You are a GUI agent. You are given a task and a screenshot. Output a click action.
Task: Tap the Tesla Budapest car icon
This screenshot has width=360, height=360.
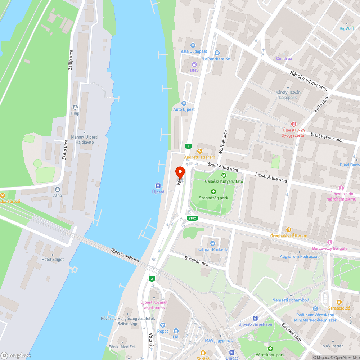pyautogui.click(x=193, y=45)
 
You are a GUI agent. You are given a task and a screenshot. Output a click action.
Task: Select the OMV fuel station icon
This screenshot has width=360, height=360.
pyautogui.click(x=194, y=64)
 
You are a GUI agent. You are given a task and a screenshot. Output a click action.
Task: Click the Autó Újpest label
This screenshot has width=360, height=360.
pyautogui.click(x=184, y=109)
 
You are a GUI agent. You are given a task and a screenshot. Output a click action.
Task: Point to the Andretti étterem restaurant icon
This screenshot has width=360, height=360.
pyautogui.click(x=199, y=151)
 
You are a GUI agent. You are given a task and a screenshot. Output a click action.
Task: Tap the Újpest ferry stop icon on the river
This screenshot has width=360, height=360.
pyautogui.click(x=158, y=186)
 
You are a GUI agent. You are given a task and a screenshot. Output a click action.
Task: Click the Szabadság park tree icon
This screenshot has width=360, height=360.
pyautogui.click(x=214, y=192)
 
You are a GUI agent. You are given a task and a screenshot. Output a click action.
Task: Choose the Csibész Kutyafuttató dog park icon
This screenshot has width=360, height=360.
pyautogui.click(x=224, y=175)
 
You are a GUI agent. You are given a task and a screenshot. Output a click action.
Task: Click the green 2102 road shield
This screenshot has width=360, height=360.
pyautogui.click(x=192, y=218)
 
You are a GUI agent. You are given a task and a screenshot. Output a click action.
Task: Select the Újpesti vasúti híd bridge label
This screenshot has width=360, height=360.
pyautogui.click(x=125, y=256)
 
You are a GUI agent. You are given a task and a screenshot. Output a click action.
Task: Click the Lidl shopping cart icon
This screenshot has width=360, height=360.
pyautogui.click(x=176, y=330)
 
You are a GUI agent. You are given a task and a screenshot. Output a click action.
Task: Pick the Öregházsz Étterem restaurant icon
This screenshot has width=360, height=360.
pyautogui.click(x=288, y=230)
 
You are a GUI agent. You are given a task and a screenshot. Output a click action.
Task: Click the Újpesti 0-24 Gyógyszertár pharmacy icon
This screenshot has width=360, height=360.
pyautogui.click(x=294, y=124)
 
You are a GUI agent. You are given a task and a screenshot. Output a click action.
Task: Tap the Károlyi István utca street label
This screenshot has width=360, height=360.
pyautogui.click(x=309, y=85)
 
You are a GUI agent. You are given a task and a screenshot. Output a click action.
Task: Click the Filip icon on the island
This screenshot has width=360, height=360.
pyautogui.click(x=75, y=107)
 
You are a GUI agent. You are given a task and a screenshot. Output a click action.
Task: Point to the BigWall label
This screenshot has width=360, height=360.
pyautogui.click(x=347, y=28)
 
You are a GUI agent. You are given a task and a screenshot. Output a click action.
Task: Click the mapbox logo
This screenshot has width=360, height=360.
pyautogui.click(x=16, y=355)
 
